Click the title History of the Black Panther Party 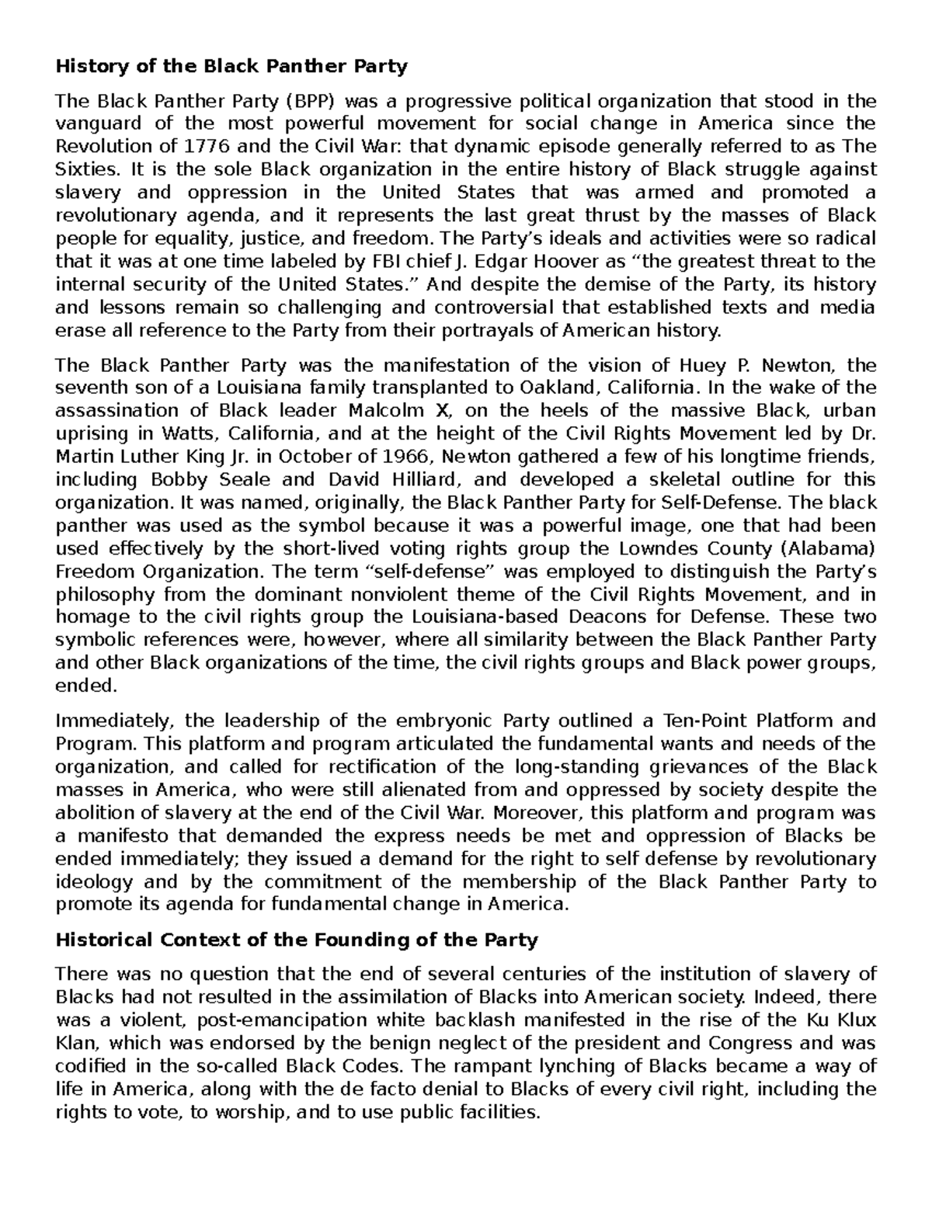(x=231, y=67)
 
